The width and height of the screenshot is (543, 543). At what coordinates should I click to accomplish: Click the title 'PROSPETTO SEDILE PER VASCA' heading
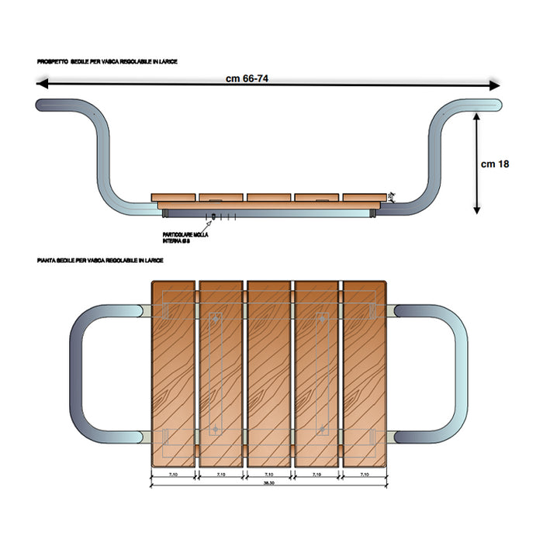point(107,61)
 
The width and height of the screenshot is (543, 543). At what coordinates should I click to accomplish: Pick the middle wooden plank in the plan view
point(268,372)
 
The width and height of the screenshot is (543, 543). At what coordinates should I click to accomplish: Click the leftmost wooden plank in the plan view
point(172,372)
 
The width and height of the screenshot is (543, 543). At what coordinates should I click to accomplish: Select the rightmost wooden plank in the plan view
point(365,372)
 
